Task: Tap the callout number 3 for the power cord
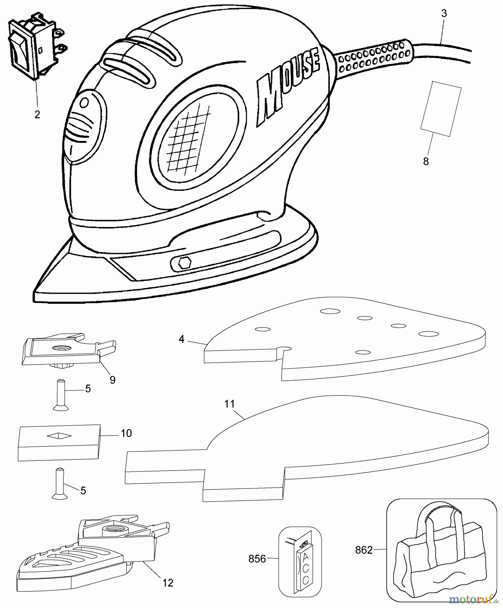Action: tap(444, 14)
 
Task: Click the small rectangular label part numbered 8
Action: tap(441, 109)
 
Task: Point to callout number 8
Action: tap(426, 162)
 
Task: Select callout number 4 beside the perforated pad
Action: tap(182, 339)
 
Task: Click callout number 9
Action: tap(113, 380)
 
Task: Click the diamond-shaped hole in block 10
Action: tap(59, 436)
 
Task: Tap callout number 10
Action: tap(126, 433)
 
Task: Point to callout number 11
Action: tap(230, 404)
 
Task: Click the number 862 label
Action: tap(364, 550)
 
